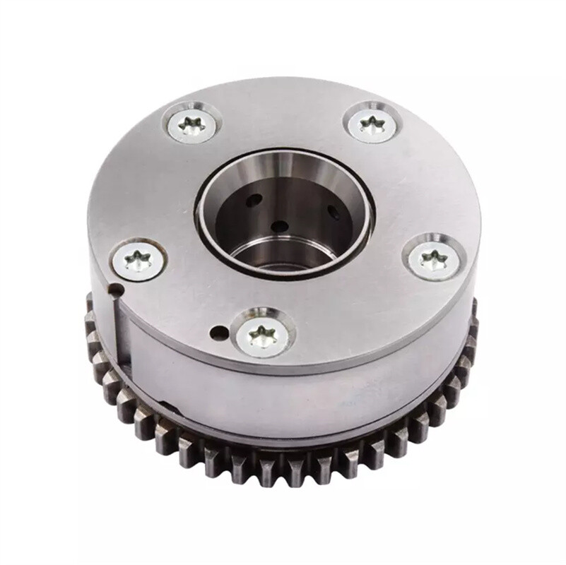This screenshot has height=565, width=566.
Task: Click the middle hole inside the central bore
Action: pos(281,226)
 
